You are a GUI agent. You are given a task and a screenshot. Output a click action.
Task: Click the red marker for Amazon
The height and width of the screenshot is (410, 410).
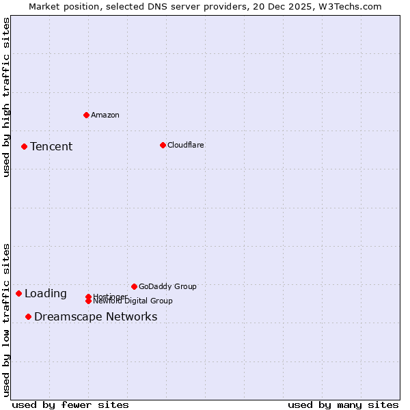pos(86,115)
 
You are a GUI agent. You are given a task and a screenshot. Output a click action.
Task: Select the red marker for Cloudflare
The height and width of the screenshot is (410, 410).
pos(163,145)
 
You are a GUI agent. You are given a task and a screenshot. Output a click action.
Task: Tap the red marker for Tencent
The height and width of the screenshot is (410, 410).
pos(24,146)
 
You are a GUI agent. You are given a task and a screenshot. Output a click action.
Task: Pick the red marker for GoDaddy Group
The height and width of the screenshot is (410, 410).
pos(134,286)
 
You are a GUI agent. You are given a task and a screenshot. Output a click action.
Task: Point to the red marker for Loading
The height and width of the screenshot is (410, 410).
pos(18,293)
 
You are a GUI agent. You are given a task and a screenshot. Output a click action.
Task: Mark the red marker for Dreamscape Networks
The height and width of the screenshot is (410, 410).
pos(28,316)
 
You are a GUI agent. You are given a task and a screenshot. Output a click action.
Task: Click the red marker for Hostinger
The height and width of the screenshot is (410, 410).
pos(88,297)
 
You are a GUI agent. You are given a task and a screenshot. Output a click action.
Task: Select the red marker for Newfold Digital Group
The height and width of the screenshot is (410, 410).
pos(88,301)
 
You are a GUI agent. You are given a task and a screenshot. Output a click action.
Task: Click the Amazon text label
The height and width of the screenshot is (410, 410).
pos(105,115)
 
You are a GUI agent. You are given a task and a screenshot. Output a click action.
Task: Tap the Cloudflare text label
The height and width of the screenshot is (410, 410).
pos(186,145)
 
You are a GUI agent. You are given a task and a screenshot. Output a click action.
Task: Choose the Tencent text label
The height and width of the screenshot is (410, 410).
pos(51,146)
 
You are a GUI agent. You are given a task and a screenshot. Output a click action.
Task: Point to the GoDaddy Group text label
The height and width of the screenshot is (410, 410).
pos(167,286)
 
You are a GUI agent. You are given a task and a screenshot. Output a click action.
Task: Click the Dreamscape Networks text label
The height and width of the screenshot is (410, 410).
pos(96,316)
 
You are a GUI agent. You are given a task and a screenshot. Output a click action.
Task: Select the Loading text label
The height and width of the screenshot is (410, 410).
pos(46,294)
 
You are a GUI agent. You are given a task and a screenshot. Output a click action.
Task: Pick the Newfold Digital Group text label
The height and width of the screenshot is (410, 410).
pos(133,301)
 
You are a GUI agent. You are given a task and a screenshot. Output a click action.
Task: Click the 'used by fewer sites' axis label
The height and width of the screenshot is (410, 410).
pos(70,405)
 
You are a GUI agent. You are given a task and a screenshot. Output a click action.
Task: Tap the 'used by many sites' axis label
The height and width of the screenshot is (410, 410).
pos(343,405)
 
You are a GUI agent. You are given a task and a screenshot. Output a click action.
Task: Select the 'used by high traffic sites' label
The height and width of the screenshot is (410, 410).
pos(6,97)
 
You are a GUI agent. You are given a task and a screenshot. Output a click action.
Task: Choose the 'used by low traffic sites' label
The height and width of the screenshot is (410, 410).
pos(6,319)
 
